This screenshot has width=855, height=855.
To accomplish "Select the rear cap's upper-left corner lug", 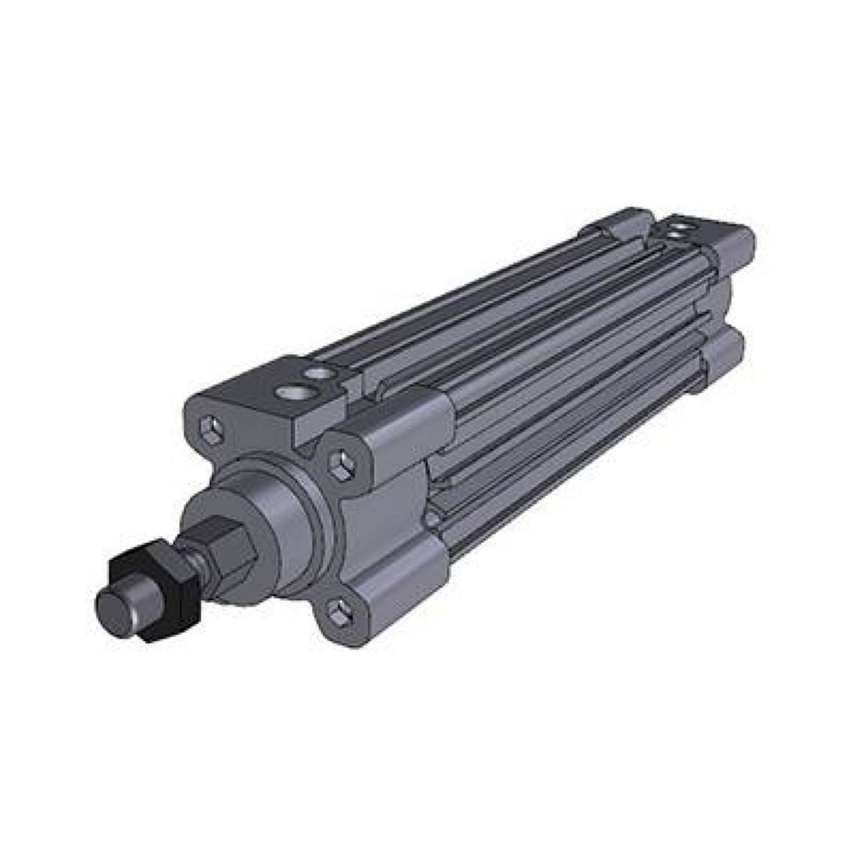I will (x=619, y=221).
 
